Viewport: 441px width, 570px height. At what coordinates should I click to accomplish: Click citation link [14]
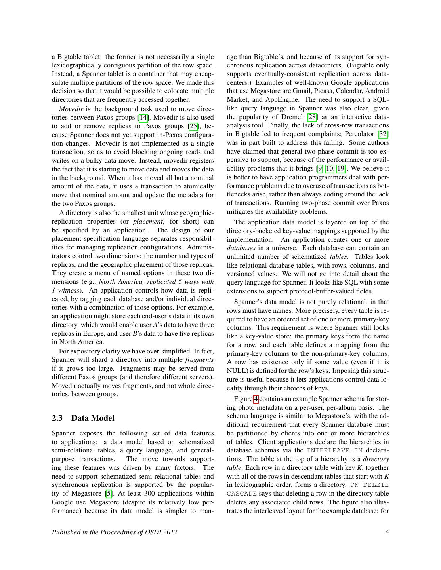(143, 118)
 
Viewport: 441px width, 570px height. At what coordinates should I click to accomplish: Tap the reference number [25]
(193, 126)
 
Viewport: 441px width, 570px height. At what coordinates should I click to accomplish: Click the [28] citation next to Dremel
(312, 117)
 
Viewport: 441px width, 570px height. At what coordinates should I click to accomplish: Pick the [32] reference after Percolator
(383, 134)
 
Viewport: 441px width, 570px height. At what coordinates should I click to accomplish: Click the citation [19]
(341, 169)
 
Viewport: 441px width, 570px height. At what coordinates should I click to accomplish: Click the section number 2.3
(57, 418)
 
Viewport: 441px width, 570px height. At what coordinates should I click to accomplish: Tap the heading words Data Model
(93, 418)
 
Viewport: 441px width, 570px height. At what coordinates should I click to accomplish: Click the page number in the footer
(387, 532)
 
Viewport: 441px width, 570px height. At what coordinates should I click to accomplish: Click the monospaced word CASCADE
(242, 494)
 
